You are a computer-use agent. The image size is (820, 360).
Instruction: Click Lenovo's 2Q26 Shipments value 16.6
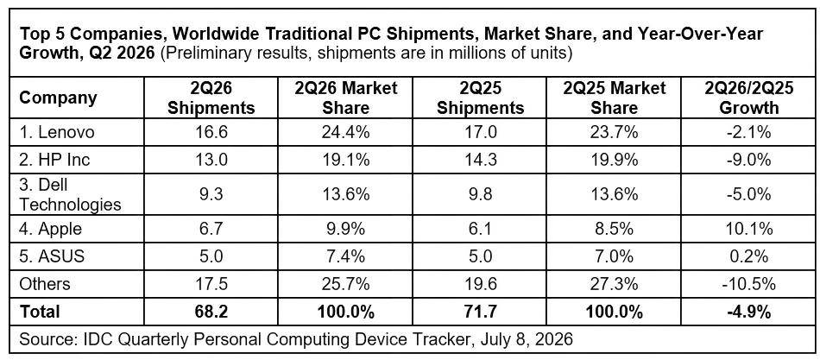[213, 133]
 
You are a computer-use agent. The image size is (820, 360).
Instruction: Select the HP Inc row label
[55, 159]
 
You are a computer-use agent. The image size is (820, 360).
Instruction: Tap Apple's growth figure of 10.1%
[748, 229]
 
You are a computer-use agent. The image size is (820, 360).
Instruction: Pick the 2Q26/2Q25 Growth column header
[748, 98]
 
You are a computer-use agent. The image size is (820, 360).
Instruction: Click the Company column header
[59, 98]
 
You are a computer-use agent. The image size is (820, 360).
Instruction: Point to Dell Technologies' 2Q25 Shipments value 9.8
[481, 194]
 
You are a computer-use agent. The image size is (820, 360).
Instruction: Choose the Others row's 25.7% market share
[346, 284]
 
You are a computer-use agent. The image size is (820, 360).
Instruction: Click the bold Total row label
[40, 312]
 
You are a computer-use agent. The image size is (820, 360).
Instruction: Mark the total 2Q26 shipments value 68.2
[213, 312]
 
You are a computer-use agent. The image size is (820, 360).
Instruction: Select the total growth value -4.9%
[748, 312]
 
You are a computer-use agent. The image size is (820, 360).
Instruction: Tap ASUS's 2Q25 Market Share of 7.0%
[615, 256]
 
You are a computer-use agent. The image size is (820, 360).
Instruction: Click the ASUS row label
[51, 256]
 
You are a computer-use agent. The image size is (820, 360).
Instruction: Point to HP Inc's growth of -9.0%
[748, 159]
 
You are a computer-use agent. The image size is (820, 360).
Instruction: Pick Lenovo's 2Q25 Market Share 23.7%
[615, 133]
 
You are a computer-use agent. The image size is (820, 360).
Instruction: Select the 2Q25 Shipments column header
[481, 98]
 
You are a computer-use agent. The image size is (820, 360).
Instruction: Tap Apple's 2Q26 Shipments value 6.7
[213, 229]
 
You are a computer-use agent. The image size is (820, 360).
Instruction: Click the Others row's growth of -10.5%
[748, 284]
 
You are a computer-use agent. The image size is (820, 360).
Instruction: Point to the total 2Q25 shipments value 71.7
[481, 312]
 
